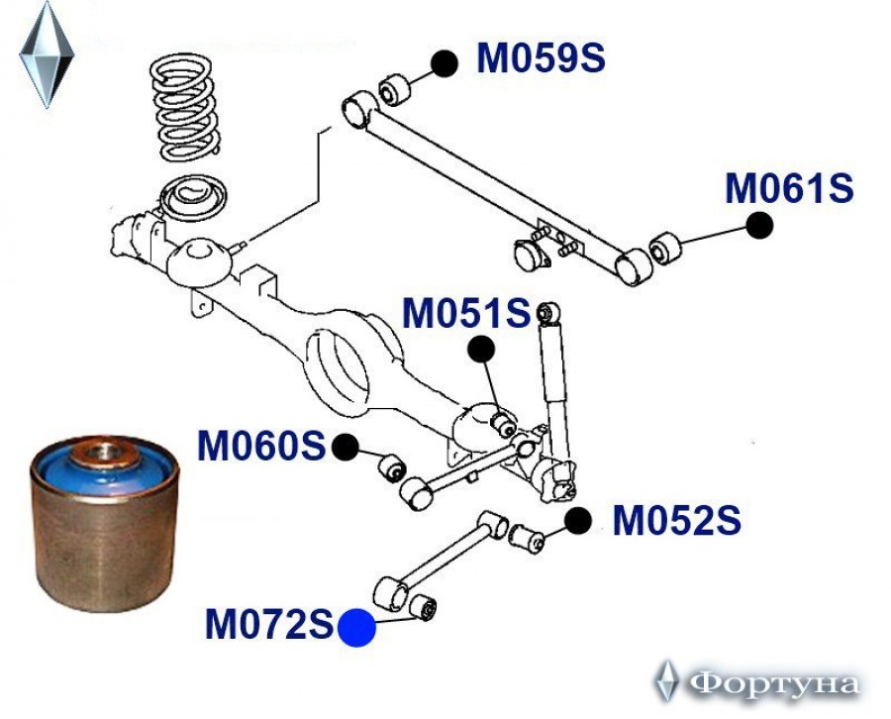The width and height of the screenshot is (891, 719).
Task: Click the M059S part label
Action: (541, 59)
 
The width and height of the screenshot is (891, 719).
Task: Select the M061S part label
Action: (789, 187)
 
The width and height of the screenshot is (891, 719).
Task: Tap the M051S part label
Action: (466, 314)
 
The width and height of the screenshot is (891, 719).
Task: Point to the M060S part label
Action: (261, 447)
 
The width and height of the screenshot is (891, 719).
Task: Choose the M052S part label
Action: (676, 521)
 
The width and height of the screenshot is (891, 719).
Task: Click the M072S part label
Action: (269, 625)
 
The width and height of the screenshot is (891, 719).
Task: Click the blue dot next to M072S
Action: (356, 628)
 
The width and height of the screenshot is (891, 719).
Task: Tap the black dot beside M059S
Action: (445, 63)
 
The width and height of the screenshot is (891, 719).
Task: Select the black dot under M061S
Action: (759, 226)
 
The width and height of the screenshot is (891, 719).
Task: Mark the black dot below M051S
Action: (480, 349)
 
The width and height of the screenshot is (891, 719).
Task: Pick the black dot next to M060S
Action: (345, 448)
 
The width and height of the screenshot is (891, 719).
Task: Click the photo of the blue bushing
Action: (103, 520)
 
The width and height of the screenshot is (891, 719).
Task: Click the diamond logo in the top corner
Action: (47, 53)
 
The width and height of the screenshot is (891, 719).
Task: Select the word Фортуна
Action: (773, 683)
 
